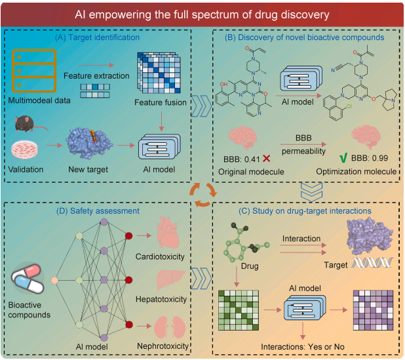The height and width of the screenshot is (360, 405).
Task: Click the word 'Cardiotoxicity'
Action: click(x=164, y=257)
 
